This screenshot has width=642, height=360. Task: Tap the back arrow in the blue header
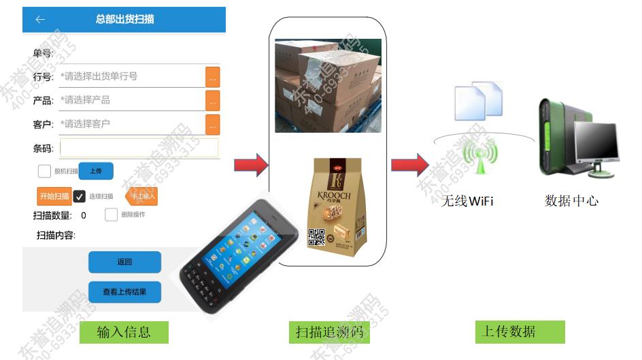pyautogui.click(x=40, y=19)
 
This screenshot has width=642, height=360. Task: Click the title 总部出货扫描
pyautogui.click(x=124, y=19)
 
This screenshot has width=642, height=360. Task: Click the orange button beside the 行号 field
pyautogui.click(x=213, y=77)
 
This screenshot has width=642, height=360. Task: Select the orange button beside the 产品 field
pyautogui.click(x=213, y=101)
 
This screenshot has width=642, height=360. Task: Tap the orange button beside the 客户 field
pyautogui.click(x=213, y=125)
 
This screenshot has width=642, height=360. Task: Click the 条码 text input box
pyautogui.click(x=139, y=148)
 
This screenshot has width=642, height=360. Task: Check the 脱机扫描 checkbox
pyautogui.click(x=44, y=171)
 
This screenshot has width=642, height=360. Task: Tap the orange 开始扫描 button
pyautogui.click(x=54, y=196)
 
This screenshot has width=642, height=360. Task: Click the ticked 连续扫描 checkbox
pyautogui.click(x=80, y=196)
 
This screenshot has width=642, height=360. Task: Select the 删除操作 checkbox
pyautogui.click(x=112, y=215)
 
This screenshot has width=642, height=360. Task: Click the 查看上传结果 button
pyautogui.click(x=124, y=292)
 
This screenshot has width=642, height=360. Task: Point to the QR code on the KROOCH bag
pyautogui.click(x=317, y=237)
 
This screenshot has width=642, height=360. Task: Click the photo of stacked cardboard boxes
pyautogui.click(x=328, y=86)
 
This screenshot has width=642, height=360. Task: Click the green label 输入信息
pyautogui.click(x=123, y=332)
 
